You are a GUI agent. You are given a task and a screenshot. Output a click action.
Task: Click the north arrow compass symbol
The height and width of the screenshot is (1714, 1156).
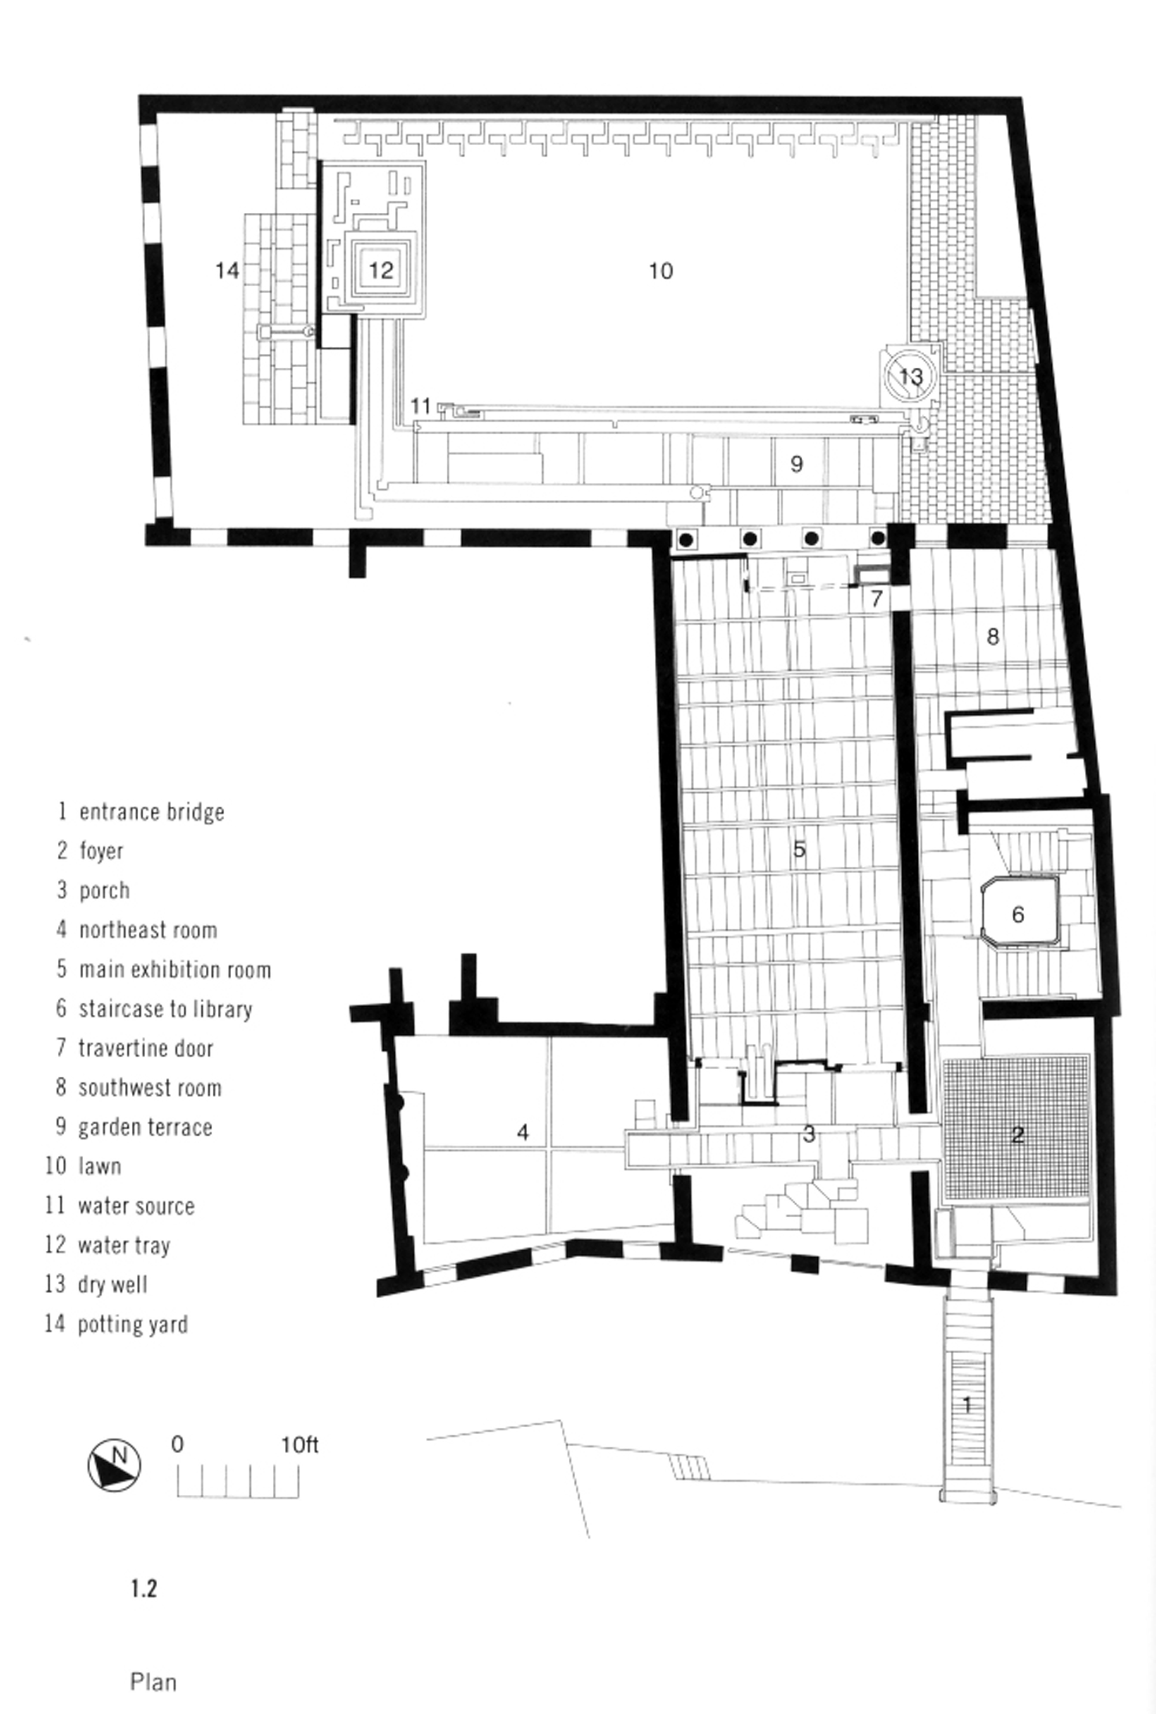tap(114, 1464)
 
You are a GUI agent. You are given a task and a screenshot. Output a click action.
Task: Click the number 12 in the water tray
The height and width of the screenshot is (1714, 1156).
tap(380, 270)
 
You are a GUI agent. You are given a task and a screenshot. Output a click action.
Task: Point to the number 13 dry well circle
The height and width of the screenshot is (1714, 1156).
tap(910, 376)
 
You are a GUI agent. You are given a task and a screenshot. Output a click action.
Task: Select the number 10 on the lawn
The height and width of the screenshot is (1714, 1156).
tap(661, 271)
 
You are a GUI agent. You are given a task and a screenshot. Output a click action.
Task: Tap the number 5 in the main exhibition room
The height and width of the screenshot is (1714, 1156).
tap(799, 849)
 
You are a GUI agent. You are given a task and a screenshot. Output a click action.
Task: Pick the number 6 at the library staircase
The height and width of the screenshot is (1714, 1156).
tap(1018, 914)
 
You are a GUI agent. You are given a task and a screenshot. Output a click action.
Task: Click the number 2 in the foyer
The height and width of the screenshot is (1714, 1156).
tap(1017, 1135)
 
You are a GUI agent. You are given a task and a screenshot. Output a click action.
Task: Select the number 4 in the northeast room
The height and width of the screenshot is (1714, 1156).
tap(523, 1132)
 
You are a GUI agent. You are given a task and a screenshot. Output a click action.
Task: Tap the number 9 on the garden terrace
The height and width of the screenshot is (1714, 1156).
tap(796, 464)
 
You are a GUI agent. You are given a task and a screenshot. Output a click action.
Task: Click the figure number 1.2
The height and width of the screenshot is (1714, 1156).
tap(144, 1588)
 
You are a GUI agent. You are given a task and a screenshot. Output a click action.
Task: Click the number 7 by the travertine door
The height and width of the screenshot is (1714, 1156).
tap(876, 598)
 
